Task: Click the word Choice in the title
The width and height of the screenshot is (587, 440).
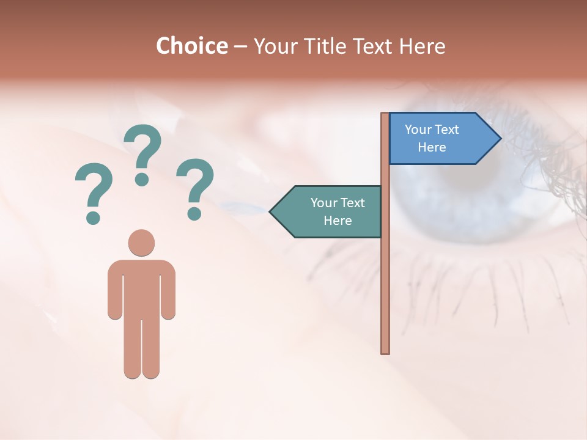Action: point(191,46)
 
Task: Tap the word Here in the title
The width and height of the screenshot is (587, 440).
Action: point(422,46)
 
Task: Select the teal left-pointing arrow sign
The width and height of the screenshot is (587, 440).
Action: point(330,211)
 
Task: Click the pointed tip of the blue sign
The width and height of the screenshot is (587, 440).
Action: point(500,138)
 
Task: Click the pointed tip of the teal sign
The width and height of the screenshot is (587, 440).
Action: point(271,211)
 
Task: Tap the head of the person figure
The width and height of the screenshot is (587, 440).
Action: point(141,243)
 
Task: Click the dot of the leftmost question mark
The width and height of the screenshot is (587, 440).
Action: point(93,217)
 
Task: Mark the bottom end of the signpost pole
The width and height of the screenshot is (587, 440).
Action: point(385,351)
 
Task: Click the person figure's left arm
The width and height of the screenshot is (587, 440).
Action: point(115,293)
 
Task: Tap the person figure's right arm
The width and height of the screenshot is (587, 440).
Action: point(168,293)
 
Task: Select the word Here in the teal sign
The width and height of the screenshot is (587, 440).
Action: point(338,221)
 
